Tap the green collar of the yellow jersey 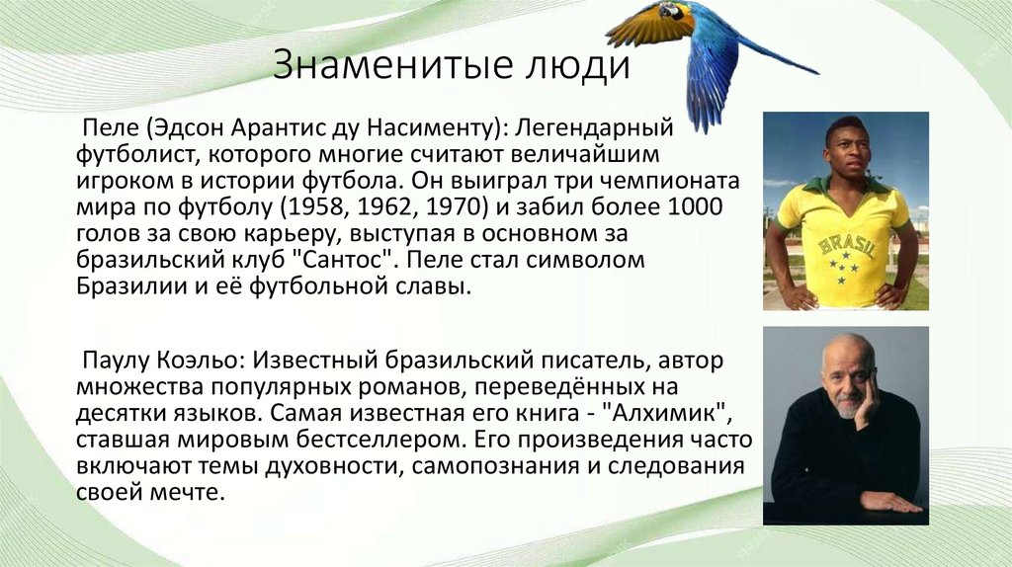click(842, 185)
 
